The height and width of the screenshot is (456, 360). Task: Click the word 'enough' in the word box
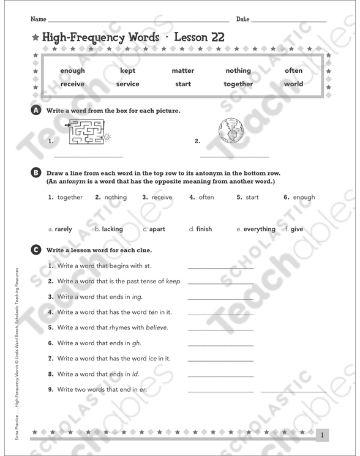[72, 70]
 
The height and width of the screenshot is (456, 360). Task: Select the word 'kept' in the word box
[127, 70]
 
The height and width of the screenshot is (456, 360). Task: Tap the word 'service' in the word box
[127, 84]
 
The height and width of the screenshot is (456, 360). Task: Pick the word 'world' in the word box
[293, 84]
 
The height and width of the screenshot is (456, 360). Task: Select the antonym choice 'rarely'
[63, 229]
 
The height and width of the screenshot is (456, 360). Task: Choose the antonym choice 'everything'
[259, 229]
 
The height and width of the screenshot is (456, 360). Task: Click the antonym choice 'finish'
[204, 229]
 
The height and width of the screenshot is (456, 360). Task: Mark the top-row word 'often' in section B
[206, 197]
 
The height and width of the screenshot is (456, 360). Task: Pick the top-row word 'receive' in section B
[161, 197]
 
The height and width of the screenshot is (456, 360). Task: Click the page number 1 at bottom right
[322, 435]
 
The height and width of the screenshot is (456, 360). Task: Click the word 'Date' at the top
[242, 20]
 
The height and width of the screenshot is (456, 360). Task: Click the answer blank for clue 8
[220, 375]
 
